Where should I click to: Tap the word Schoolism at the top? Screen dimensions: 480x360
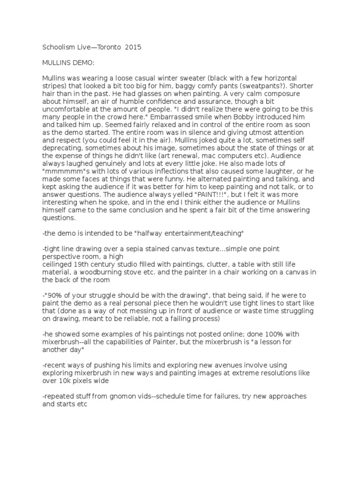55,47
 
